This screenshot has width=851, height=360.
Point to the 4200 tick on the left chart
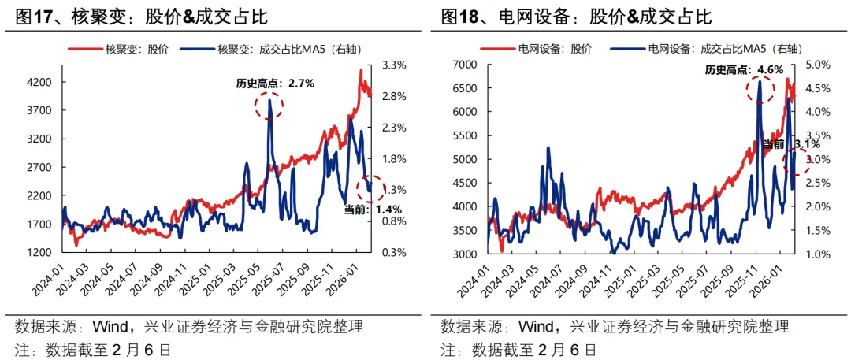point(39,82)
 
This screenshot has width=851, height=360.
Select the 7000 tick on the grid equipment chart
point(463,65)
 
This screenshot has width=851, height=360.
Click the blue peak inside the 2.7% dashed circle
point(270,102)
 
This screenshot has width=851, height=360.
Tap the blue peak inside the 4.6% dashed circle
point(760,82)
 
